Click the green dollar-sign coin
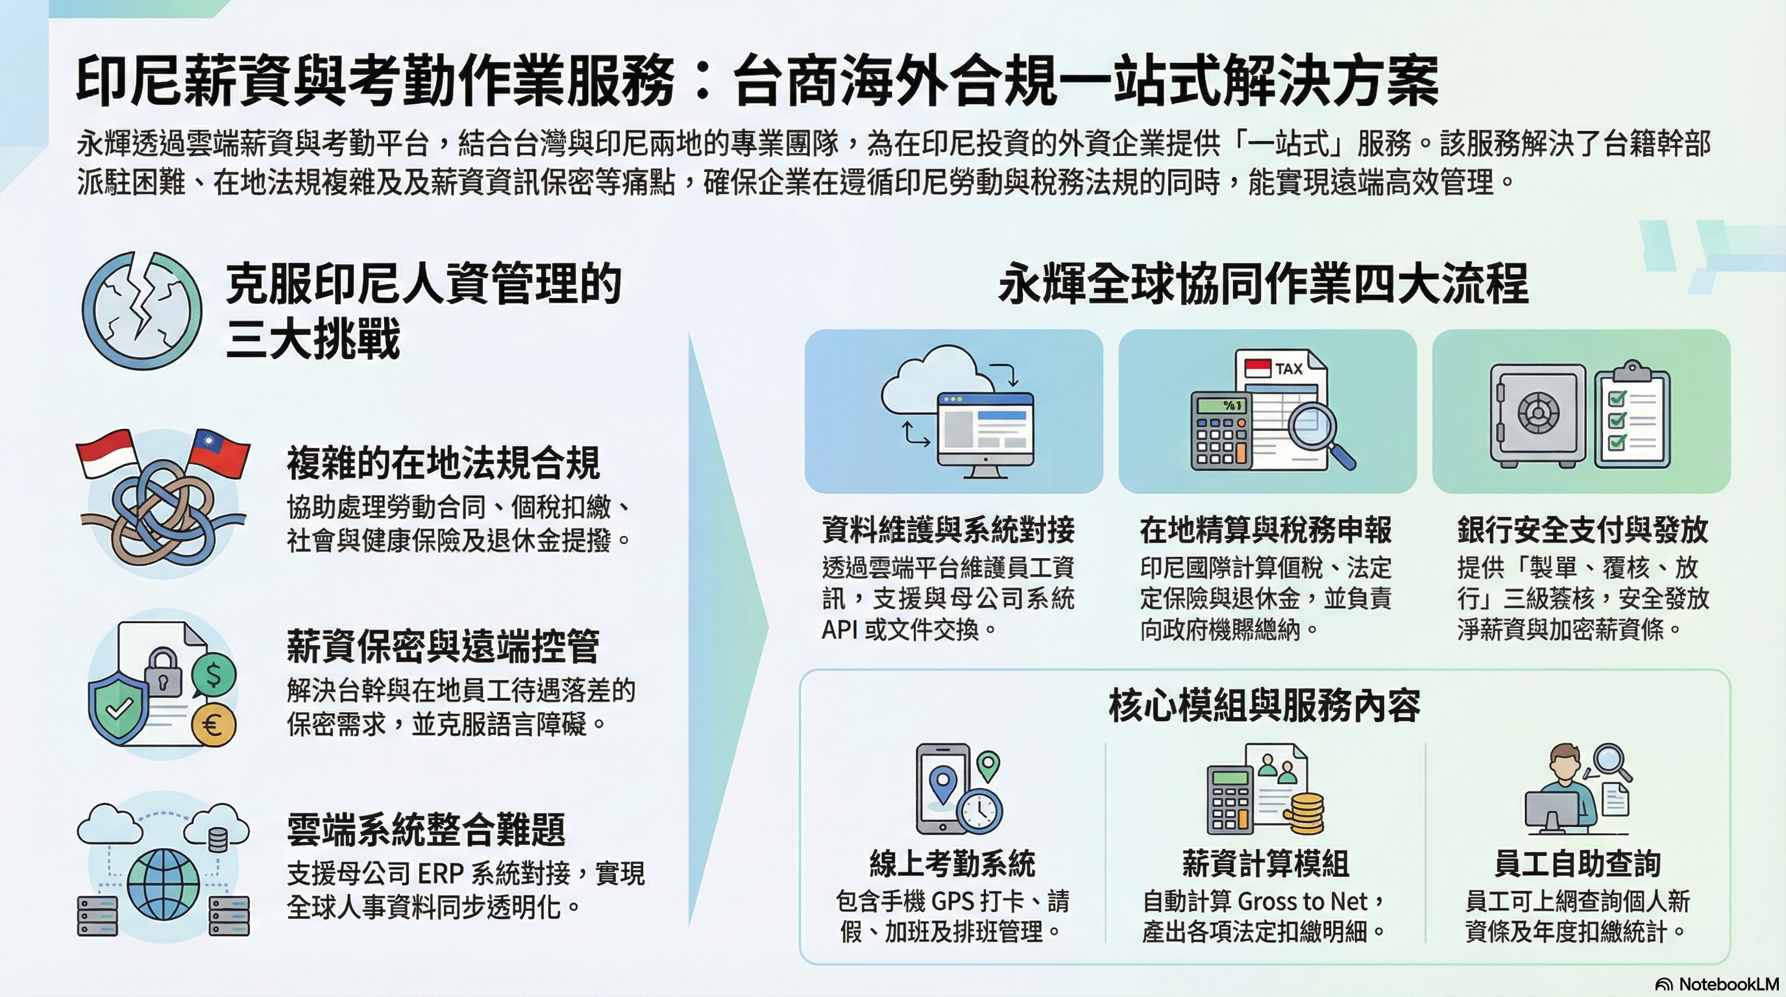click(214, 675)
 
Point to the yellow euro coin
click(214, 725)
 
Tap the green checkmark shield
click(119, 708)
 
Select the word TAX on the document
click(1289, 369)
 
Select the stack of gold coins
click(1303, 813)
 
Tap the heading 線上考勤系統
click(952, 863)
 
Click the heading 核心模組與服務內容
click(1265, 706)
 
